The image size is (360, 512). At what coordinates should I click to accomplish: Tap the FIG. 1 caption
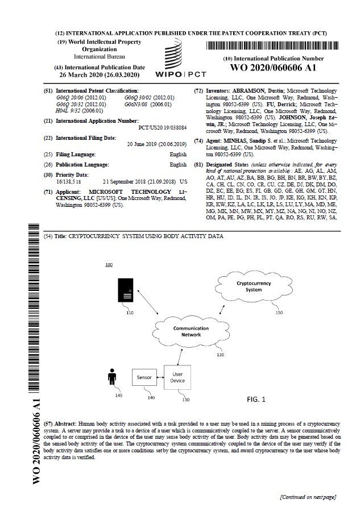point(256,399)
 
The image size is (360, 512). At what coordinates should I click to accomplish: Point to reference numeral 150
point(278,313)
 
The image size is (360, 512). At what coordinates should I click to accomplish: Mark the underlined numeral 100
point(109,265)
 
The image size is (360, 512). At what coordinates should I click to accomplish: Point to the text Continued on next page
point(307,497)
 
